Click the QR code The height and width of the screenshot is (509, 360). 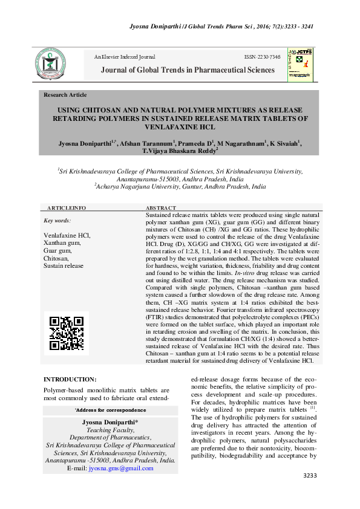point(66,334)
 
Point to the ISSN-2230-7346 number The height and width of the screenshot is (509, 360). point(262,57)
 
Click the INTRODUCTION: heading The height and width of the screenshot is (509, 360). point(70,379)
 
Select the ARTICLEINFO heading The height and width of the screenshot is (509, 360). point(67,207)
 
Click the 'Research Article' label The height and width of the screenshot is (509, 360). point(65,95)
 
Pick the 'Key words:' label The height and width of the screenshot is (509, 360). point(57,221)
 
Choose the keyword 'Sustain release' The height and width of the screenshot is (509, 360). point(64,265)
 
